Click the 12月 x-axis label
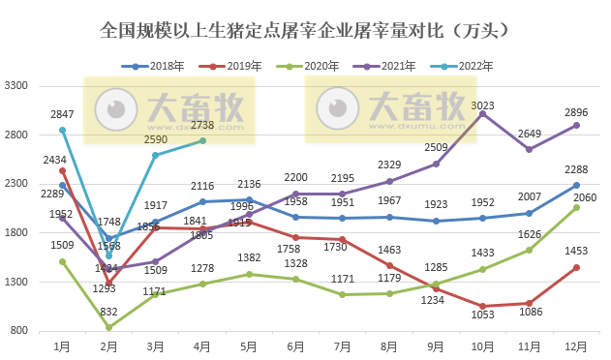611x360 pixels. pos(575,345)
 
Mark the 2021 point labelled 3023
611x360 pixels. pos(482,114)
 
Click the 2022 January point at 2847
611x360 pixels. pos(62,130)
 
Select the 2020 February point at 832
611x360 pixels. pos(108,327)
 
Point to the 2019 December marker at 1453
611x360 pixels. pos(576,267)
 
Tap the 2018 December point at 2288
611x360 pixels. pos(576,185)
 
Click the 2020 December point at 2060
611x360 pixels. pos(576,207)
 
